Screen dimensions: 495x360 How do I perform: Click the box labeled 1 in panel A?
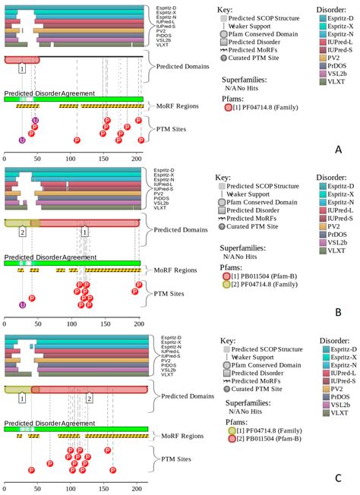pos(23,68)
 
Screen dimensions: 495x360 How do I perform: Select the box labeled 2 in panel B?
pos(23,232)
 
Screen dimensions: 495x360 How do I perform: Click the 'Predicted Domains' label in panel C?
pos(186,396)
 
